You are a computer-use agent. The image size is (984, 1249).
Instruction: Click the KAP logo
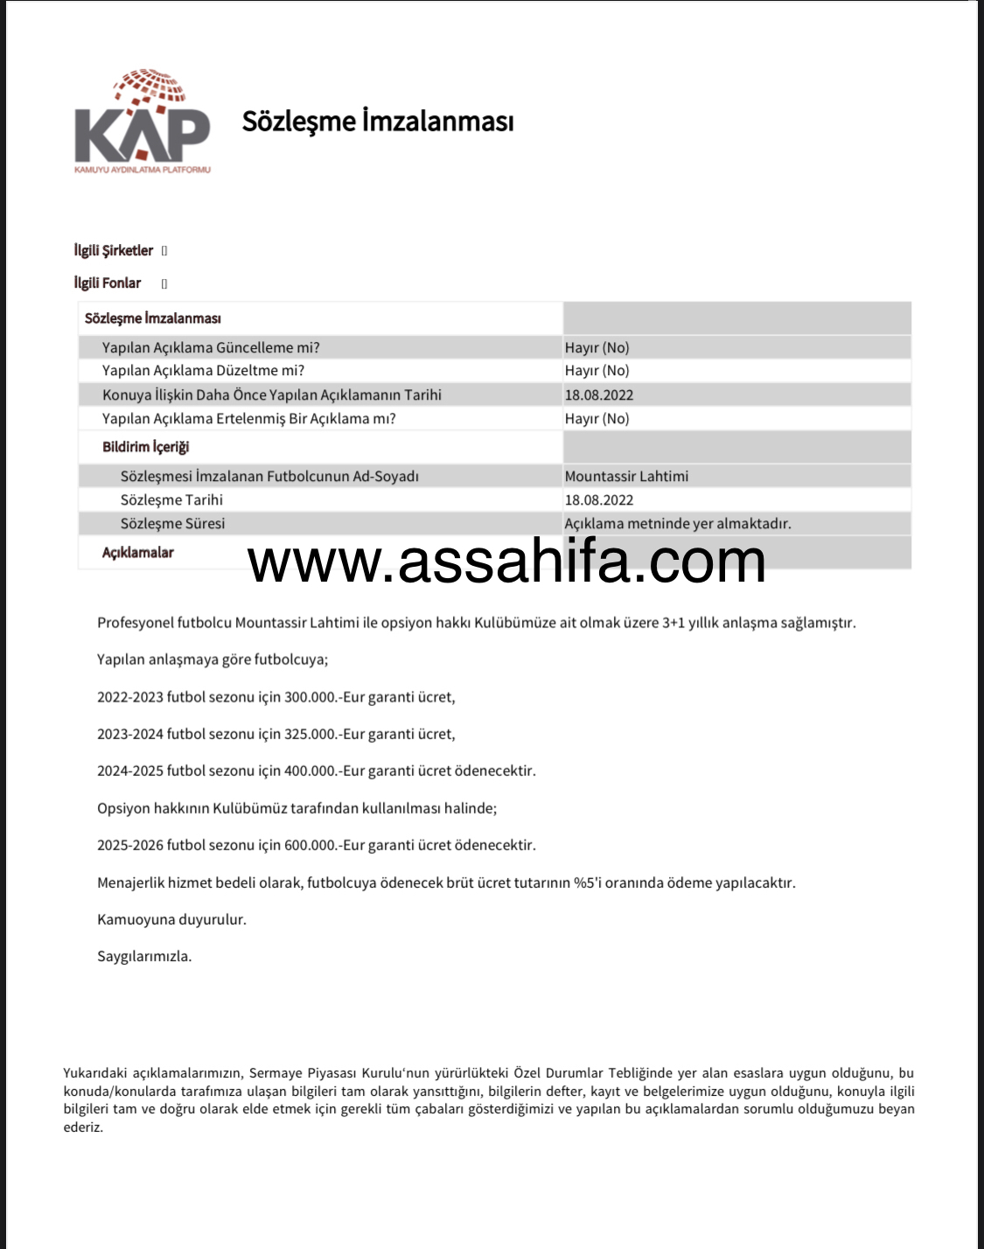pos(143,122)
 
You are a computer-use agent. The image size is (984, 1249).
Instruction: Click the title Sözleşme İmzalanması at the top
pos(378,121)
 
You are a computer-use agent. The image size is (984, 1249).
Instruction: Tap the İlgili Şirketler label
pos(114,251)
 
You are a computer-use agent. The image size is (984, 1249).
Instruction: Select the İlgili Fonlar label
pos(108,283)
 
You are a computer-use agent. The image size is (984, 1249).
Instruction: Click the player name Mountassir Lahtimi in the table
pos(626,477)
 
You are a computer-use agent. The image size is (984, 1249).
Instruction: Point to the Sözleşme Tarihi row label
pos(171,500)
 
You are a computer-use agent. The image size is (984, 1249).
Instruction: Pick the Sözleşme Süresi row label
pos(172,524)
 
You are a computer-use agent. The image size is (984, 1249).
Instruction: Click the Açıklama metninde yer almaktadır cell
pos(678,524)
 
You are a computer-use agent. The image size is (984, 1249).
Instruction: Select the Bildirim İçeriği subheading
pos(145,447)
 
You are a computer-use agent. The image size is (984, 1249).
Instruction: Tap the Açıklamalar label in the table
pos(138,553)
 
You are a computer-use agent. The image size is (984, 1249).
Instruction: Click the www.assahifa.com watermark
pos(506,561)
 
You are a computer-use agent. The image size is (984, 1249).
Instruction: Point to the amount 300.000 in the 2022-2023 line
pos(311,697)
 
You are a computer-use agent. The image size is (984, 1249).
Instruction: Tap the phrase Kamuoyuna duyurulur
pos(171,919)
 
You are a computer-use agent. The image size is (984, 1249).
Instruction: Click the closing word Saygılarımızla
pos(144,956)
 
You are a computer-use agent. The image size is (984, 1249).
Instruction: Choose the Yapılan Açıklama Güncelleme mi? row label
pos(211,348)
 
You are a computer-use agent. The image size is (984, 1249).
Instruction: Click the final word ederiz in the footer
pos(83,1127)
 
